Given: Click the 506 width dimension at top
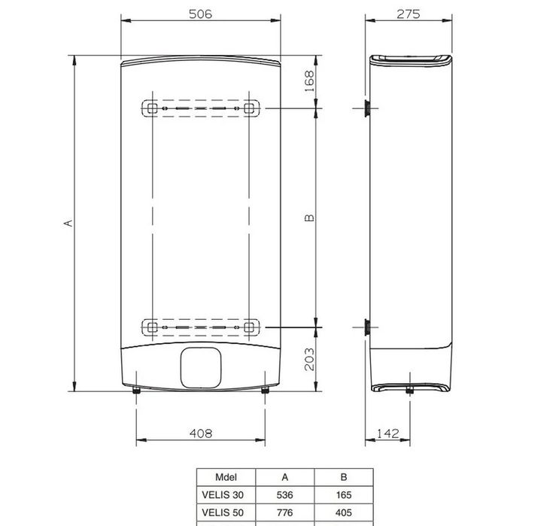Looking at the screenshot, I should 200,14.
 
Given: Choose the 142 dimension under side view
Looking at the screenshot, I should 386,433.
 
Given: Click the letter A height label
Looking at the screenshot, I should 68,223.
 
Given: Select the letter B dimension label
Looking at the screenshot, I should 308,218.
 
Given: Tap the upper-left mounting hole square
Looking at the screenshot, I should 153,108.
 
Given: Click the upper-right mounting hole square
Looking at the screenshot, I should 248,108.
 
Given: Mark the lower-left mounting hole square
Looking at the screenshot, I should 153,327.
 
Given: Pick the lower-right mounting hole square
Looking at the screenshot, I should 248,327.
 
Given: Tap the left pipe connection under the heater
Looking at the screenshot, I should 136,390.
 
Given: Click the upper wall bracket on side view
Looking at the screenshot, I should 365,108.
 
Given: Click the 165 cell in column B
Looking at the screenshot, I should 342,496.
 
